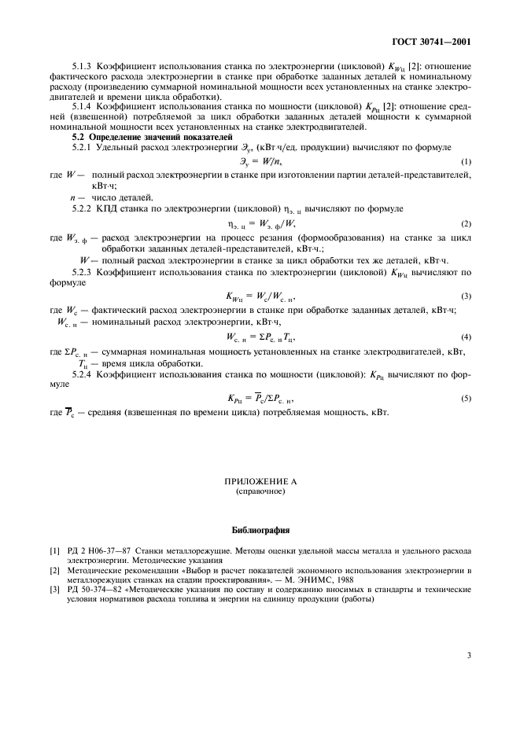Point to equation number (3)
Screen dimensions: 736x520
pos(466,297)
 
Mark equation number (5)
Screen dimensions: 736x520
pos(466,399)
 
